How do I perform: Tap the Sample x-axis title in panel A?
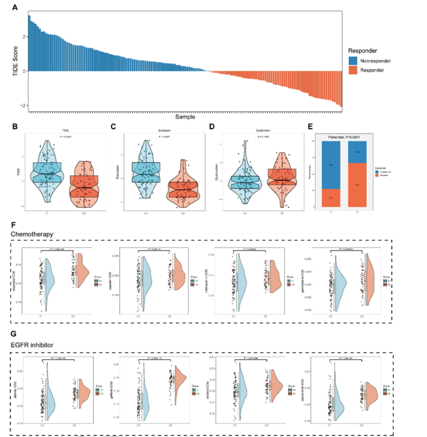click(x=185, y=117)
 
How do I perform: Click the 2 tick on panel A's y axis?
click(x=23, y=37)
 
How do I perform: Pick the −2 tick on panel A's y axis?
click(x=22, y=105)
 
